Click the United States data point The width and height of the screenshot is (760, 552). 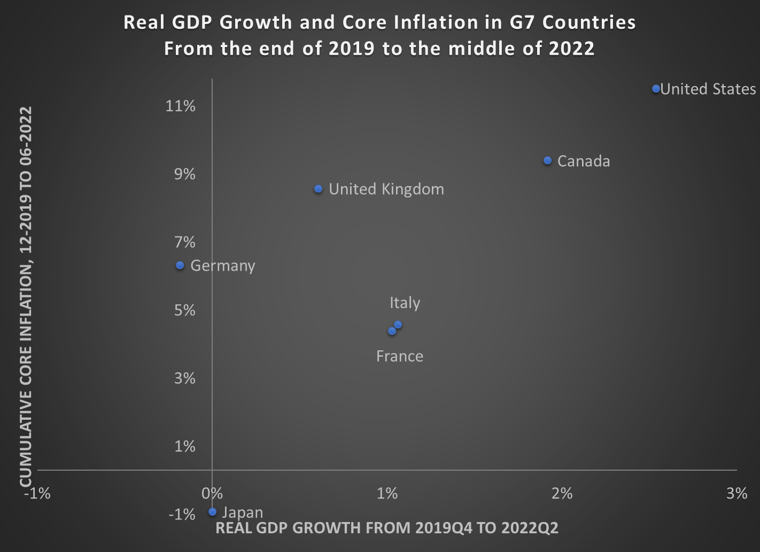(656, 88)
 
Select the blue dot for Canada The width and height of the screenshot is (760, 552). (547, 160)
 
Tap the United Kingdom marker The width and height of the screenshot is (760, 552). (318, 189)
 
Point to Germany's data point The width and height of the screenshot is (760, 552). (180, 265)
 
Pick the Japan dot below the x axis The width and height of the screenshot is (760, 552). (212, 512)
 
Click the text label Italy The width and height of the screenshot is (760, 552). (405, 303)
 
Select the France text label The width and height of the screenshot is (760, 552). (399, 356)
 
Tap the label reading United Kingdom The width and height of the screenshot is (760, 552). (386, 189)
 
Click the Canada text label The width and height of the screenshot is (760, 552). (583, 162)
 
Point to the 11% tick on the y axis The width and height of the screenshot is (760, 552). (181, 106)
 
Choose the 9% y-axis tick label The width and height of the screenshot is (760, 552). (185, 174)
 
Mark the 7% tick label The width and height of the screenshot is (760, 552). (185, 242)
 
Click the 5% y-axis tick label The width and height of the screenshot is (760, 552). (185, 310)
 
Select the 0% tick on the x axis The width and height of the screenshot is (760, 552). (212, 493)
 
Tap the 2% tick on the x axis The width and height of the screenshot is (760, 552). (562, 493)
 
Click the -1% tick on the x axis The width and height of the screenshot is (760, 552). (37, 493)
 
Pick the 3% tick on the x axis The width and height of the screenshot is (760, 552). (736, 493)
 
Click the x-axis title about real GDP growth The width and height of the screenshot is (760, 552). (386, 528)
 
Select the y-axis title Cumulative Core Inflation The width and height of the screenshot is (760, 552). (26, 297)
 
